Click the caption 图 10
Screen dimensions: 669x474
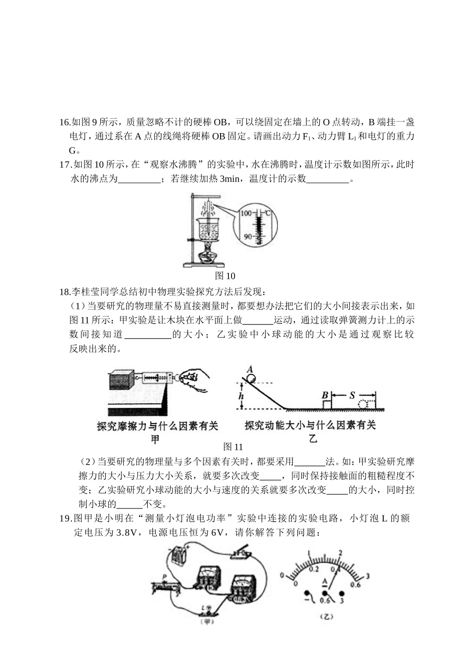click(x=225, y=276)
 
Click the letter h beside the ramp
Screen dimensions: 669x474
click(x=241, y=396)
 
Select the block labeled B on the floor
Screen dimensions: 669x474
click(x=326, y=403)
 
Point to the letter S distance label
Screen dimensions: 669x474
click(x=352, y=395)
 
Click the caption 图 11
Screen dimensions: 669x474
click(x=233, y=447)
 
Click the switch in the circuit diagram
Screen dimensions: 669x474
click(x=242, y=554)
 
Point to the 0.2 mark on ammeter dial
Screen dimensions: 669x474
click(x=313, y=569)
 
